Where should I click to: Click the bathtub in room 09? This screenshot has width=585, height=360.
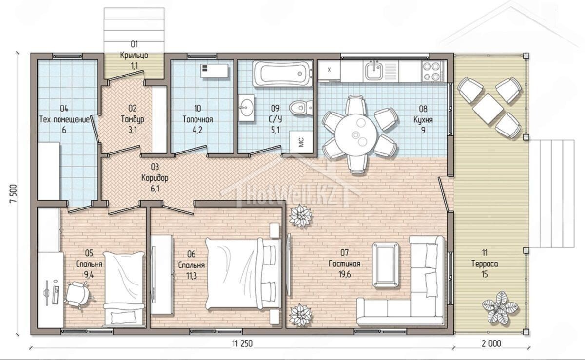(x=283, y=74)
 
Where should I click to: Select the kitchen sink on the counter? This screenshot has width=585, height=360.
(x=374, y=71)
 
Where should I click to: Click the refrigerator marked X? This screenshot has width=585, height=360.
(x=329, y=70)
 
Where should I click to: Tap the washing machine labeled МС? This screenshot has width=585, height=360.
(x=301, y=142)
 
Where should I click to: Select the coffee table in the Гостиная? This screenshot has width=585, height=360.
(x=386, y=265)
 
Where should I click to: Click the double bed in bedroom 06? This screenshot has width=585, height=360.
(x=243, y=274)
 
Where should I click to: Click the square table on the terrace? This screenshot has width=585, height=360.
(x=487, y=108)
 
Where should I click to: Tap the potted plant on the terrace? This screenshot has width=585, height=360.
(x=499, y=308)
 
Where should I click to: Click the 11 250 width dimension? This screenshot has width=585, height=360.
(x=242, y=343)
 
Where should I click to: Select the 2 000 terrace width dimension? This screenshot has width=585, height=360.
(x=491, y=343)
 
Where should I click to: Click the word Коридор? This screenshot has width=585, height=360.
(x=155, y=178)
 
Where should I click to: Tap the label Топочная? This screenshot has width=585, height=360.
(x=198, y=119)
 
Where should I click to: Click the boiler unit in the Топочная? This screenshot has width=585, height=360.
(x=214, y=71)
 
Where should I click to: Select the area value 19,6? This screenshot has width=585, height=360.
(x=345, y=274)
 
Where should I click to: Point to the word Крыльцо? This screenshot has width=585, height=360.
(x=134, y=56)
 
